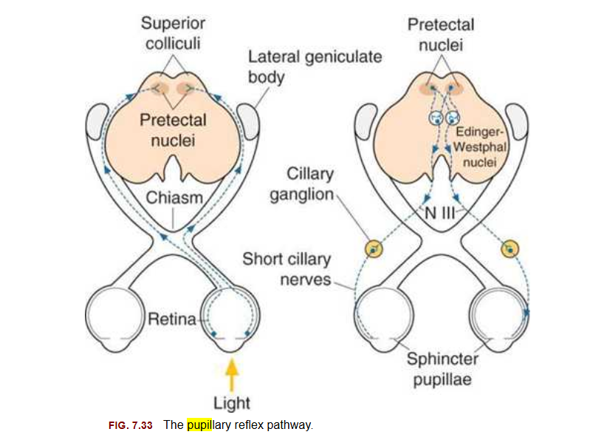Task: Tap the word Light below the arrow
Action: [232, 403]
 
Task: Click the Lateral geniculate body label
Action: [315, 67]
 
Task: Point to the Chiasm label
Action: [174, 197]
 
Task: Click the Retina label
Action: [172, 319]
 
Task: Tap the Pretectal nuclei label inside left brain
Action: [174, 129]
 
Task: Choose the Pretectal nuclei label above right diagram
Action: [441, 34]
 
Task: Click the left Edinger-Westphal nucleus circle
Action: [435, 118]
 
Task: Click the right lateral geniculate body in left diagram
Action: [247, 121]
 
